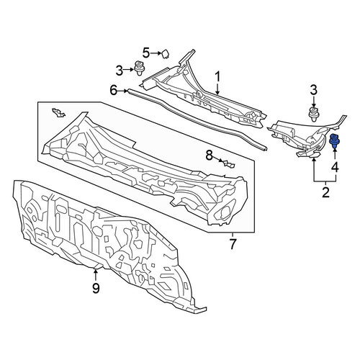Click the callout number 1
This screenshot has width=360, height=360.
[217, 78]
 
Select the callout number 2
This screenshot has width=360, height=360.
[325, 193]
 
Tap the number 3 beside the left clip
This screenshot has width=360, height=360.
[120, 71]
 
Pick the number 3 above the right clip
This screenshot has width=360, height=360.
[314, 91]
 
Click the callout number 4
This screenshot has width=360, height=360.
[336, 167]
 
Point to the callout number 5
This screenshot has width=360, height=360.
[146, 53]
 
